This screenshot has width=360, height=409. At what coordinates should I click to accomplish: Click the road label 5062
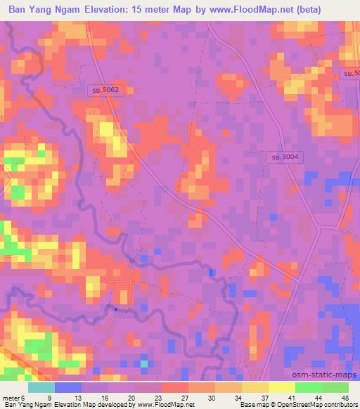[106, 90]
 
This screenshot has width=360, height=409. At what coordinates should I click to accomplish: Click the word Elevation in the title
[106, 10]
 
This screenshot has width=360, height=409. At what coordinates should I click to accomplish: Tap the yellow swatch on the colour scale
[282, 387]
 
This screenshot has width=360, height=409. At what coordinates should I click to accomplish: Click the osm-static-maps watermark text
[325, 375]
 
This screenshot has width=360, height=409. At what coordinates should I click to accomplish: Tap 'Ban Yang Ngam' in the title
[42, 10]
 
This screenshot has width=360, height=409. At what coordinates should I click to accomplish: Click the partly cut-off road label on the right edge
[351, 73]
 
